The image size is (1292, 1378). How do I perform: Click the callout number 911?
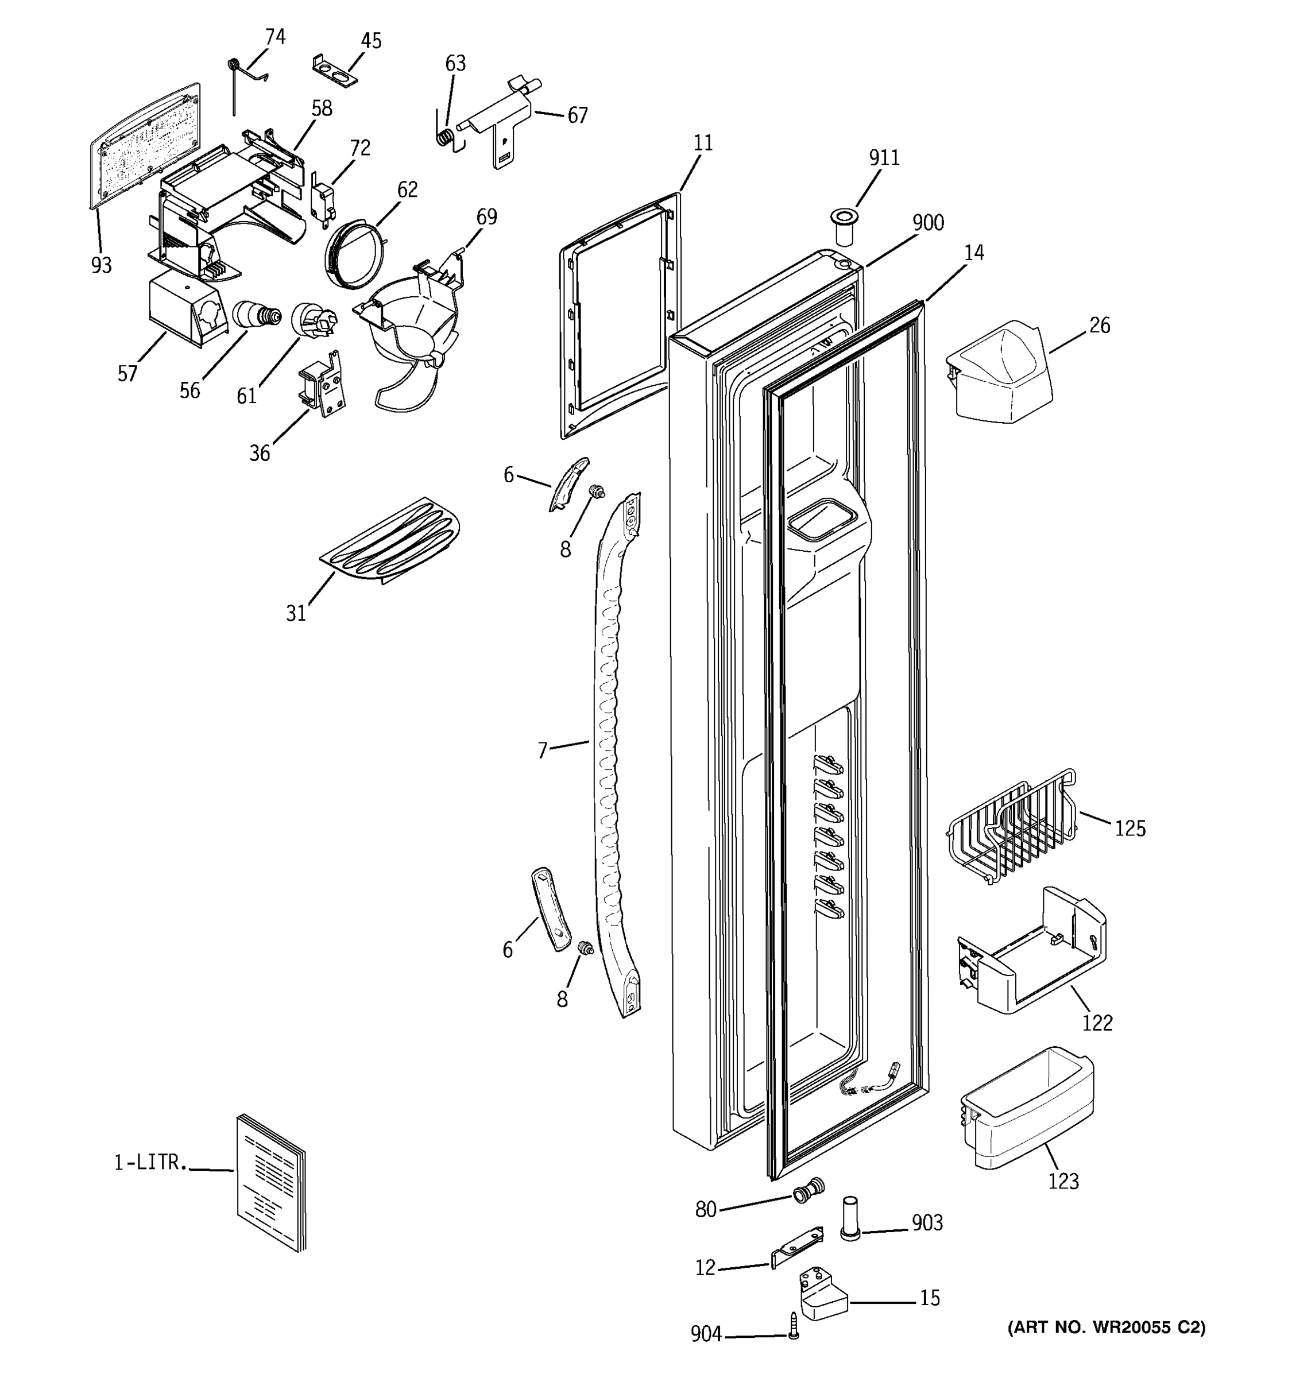pos(884,158)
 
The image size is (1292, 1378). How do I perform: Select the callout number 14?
pos(974,253)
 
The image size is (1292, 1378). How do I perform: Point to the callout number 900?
pos(927,223)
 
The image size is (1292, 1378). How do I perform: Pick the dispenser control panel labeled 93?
pos(145,144)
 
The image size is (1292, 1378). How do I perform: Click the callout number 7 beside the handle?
pos(543,750)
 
